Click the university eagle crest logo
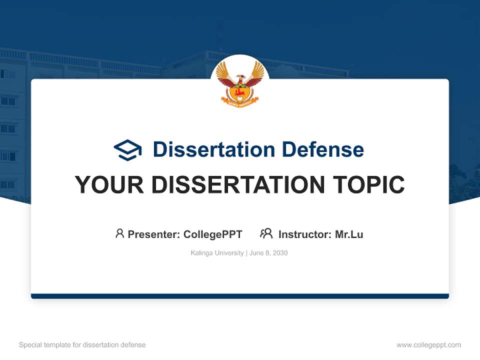click(240, 82)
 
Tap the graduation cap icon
click(127, 150)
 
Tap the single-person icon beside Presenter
click(119, 233)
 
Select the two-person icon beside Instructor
click(266, 233)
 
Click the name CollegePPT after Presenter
click(213, 234)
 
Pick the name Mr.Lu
click(349, 234)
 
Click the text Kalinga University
click(217, 253)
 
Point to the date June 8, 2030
click(268, 253)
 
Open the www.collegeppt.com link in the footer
click(428, 345)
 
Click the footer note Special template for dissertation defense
click(82, 345)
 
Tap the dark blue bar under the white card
click(240, 296)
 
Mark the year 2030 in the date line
click(280, 253)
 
